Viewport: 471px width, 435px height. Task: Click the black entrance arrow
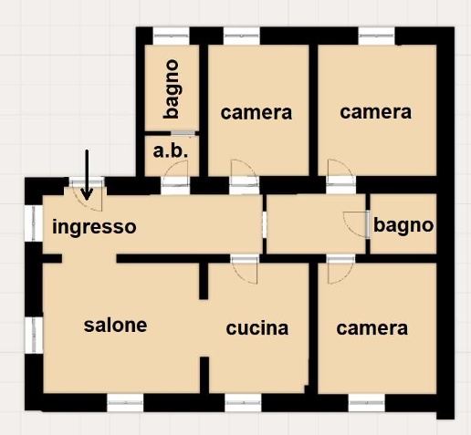click(x=87, y=175)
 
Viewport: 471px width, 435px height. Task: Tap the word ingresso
click(x=94, y=227)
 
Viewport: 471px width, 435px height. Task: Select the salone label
click(x=115, y=325)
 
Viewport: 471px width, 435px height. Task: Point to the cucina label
click(x=257, y=328)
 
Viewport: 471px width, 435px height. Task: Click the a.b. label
click(x=171, y=151)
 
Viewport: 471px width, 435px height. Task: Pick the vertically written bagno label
click(x=171, y=88)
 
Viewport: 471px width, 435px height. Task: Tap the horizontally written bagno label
click(x=403, y=226)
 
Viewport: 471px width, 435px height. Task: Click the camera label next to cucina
click(x=372, y=328)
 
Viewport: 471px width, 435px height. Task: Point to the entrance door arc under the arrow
click(x=89, y=203)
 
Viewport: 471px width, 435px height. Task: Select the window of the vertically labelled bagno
click(x=171, y=36)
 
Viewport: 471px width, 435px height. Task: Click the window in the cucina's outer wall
click(x=243, y=403)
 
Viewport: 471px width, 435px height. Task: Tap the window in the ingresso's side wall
click(x=34, y=223)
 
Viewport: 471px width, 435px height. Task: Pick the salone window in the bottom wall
click(x=125, y=403)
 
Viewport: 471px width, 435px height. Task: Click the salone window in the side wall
click(x=34, y=335)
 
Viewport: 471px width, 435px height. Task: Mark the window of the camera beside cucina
click(x=367, y=403)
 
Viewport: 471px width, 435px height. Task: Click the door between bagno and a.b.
click(x=183, y=133)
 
